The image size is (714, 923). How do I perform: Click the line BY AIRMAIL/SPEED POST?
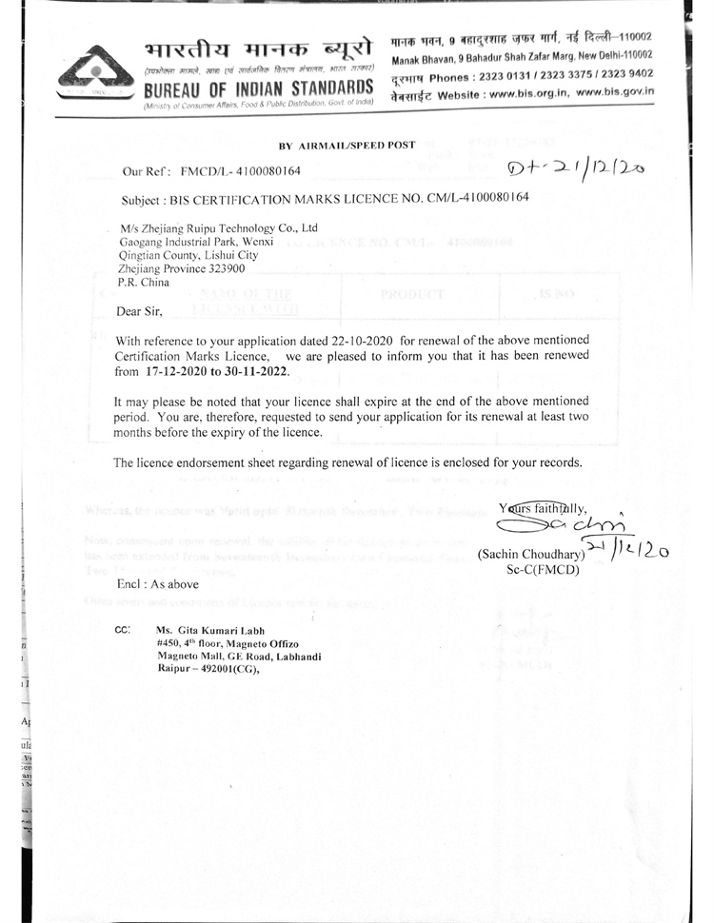[x=347, y=145]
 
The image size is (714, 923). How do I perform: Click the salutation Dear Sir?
[x=139, y=310]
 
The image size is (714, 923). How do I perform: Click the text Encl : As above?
[x=157, y=584]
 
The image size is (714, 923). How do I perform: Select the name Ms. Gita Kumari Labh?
[x=211, y=630]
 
